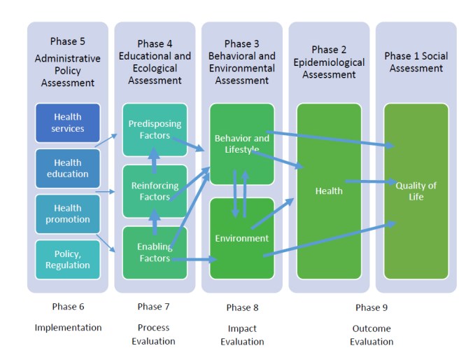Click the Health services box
pos(68,123)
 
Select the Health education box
pos(68,168)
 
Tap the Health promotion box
pos(68,214)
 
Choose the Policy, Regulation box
pos(68,259)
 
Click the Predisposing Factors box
pos(155,129)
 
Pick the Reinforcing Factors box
pos(155,191)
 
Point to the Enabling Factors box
pos(155,252)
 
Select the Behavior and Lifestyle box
pos(241,144)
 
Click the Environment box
pos(241,238)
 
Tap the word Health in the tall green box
pos(329,191)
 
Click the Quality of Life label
pos(416,191)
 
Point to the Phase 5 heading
pos(68,41)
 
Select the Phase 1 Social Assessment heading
pos(416,62)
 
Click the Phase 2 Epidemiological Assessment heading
pos(329,62)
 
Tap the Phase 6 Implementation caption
pos(68,317)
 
